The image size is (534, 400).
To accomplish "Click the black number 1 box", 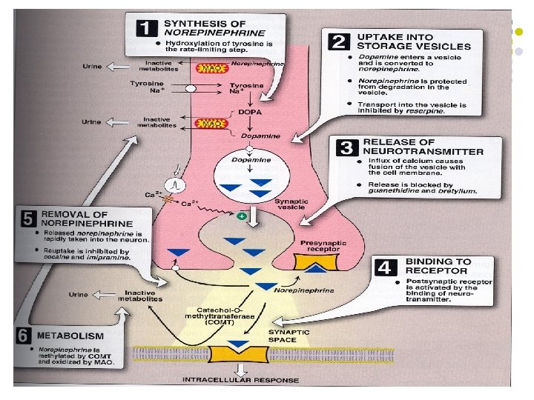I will tap(147, 29).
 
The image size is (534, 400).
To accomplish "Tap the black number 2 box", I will tap(340, 41).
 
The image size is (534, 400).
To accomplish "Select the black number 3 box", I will tap(344, 147).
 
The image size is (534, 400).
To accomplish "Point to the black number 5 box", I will tap(28, 219).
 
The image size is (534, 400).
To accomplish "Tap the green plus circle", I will tap(240, 216).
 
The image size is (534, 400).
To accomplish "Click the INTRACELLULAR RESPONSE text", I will tap(241, 381).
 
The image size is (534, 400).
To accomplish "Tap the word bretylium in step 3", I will tap(458, 191).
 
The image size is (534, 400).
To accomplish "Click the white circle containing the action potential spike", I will tap(177, 182).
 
